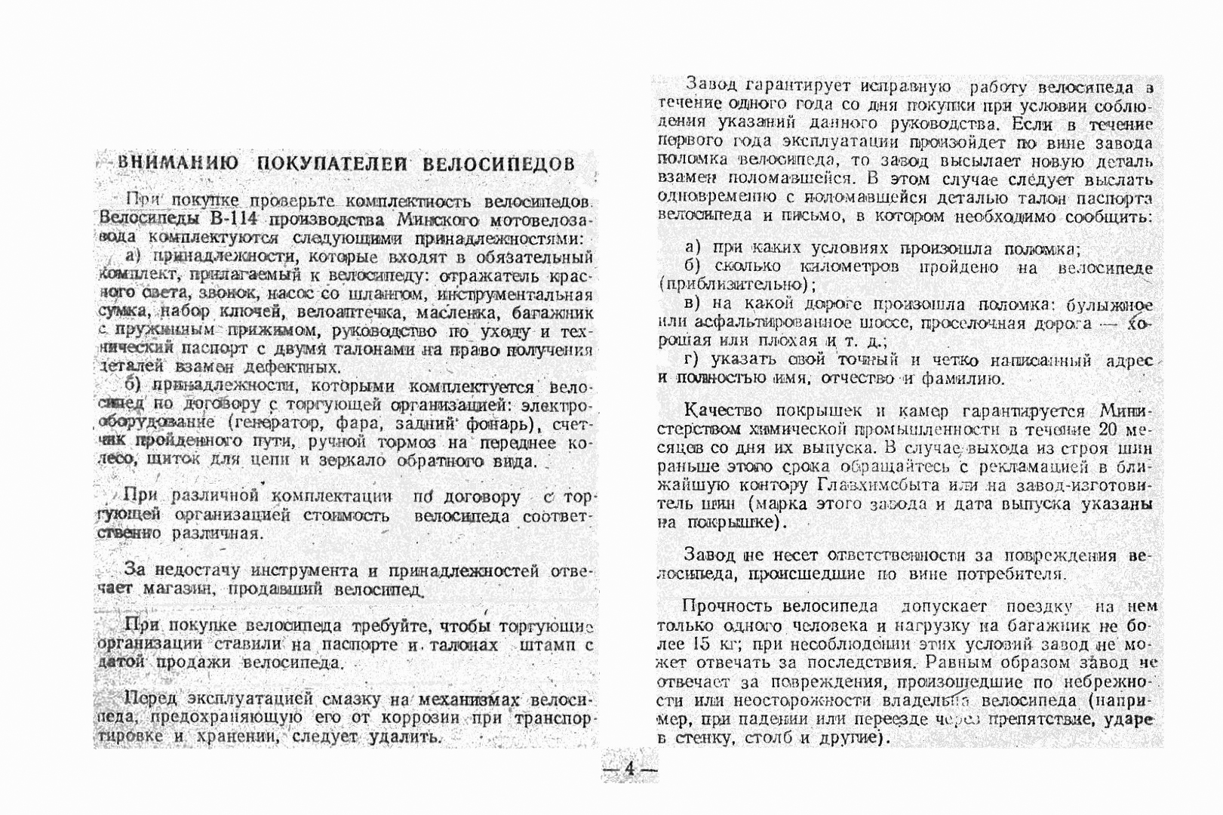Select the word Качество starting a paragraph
coord(722,412)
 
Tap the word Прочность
coord(727,607)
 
